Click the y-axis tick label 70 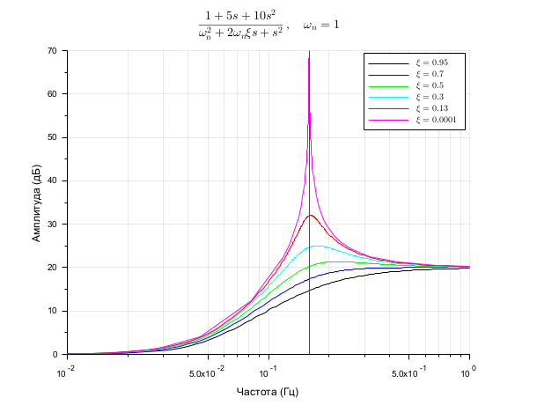tap(52, 51)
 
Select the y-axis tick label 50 tap(52, 137)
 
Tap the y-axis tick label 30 tap(52, 224)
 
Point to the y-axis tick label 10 tap(52, 310)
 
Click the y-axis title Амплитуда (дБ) tap(36, 202)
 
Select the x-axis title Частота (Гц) tap(268, 391)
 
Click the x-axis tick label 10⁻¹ tap(270, 372)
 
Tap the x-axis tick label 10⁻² tap(65, 372)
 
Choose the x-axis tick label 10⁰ tap(472, 371)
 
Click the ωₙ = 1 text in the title tap(321, 26)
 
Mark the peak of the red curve tap(310, 215)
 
